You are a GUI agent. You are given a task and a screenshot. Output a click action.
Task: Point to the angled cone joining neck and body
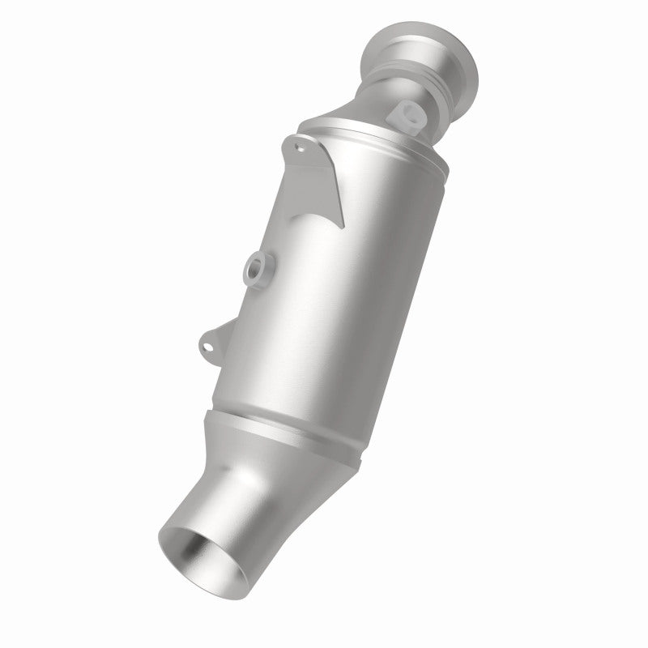tap(356, 122)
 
